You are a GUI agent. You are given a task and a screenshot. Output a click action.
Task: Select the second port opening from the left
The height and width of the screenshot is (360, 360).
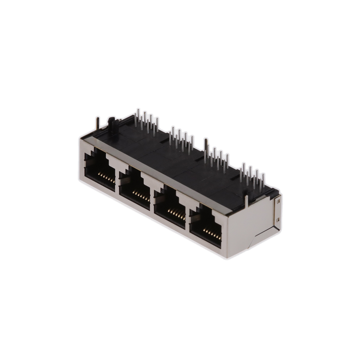(x=135, y=187)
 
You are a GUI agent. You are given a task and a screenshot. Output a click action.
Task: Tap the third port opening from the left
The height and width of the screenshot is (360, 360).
(x=170, y=205)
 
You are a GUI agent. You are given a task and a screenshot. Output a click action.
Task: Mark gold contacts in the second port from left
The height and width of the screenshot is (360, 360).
(x=140, y=194)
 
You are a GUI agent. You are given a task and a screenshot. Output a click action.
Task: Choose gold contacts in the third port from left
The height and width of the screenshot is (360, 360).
(x=177, y=213)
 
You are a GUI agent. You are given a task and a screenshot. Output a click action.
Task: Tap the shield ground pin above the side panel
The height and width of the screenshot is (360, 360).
(x=246, y=198)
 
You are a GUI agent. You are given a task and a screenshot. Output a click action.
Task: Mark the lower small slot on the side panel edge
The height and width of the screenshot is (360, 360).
(x=277, y=220)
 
